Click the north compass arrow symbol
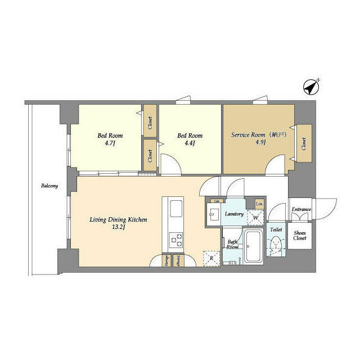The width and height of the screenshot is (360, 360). tap(310, 88)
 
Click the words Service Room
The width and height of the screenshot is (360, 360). tap(248, 135)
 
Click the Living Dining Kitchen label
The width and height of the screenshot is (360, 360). tap(119, 219)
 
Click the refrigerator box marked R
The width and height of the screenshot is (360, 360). tap(210, 258)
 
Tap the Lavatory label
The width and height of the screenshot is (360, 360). tap(233, 214)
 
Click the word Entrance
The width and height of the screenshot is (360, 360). tap(301, 210)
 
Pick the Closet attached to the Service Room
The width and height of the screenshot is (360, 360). tap(304, 144)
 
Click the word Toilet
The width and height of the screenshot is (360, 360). tap(276, 230)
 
